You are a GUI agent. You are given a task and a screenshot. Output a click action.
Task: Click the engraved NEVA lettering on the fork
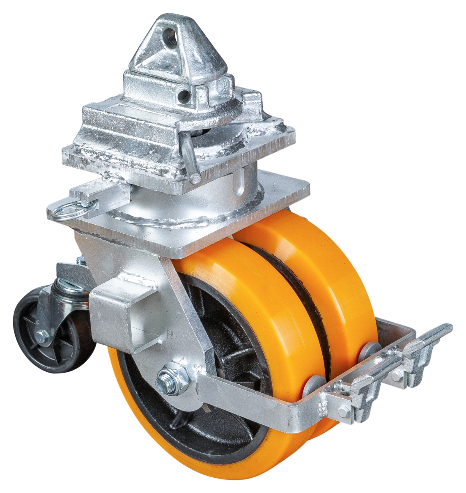pyautogui.click(x=177, y=335)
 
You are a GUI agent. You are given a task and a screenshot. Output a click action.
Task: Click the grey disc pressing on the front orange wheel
pyautogui.click(x=313, y=384)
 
